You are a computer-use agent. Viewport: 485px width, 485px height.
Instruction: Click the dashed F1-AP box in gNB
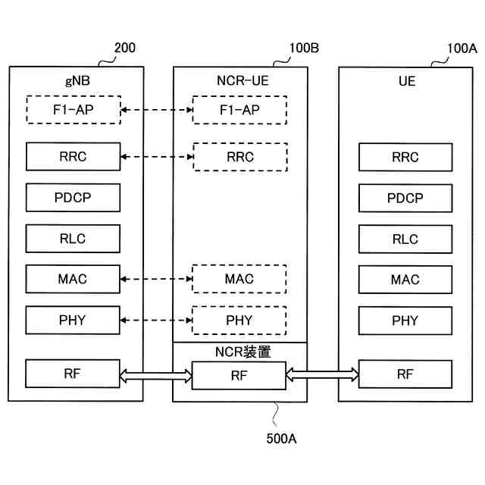pos(73,110)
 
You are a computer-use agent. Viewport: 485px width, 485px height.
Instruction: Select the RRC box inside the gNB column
pos(73,157)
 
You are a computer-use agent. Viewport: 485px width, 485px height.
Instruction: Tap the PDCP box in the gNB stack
pos(73,198)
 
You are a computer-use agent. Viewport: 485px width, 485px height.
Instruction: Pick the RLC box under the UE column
pos(405,239)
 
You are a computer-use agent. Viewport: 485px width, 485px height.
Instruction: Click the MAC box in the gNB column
pos(73,279)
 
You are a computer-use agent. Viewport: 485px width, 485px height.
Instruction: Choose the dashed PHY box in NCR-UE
pos(239,320)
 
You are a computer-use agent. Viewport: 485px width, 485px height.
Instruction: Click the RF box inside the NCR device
pos(239,374)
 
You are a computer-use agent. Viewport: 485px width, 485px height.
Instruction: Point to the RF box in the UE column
pos(405,374)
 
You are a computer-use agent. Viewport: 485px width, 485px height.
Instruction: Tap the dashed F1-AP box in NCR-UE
pos(239,110)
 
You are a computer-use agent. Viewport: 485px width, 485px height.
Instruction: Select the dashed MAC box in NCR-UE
pos(239,279)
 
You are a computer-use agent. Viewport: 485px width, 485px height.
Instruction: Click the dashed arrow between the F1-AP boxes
pos(156,111)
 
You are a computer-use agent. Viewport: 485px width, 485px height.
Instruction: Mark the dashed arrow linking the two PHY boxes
pos(156,321)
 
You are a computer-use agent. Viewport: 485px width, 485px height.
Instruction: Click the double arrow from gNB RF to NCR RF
pos(156,374)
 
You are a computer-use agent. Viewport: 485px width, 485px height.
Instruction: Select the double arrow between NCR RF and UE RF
pos(322,374)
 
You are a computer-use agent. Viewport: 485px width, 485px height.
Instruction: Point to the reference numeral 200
pos(124,48)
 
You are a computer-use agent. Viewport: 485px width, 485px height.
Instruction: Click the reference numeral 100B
pos(304,48)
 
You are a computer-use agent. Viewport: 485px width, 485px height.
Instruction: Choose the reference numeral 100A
pos(462,48)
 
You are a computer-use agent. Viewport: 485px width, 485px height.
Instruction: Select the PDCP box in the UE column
pos(405,198)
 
